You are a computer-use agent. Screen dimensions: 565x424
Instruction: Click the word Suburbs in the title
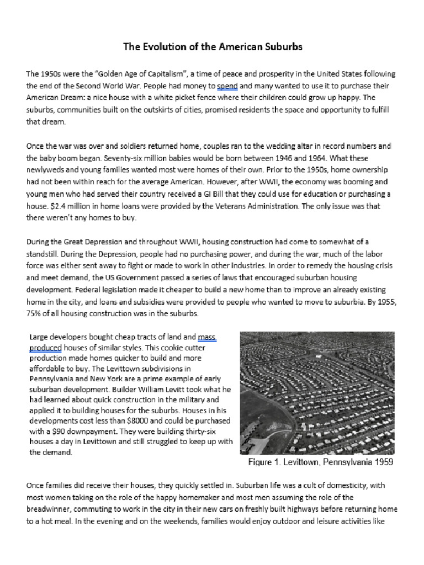[x=282, y=47]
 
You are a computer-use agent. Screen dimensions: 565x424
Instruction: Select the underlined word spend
[x=227, y=86]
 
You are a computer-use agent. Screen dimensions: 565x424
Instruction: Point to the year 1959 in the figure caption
[x=382, y=462]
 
